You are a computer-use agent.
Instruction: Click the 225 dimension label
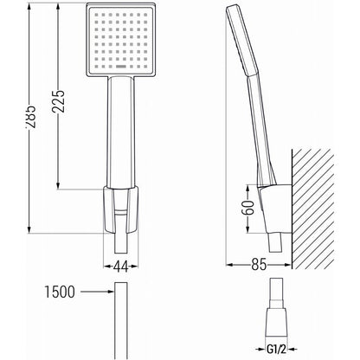[58, 101]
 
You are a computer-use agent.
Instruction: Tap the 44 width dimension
[120, 267]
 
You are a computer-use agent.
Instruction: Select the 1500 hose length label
[60, 292]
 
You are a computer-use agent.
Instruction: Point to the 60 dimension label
[248, 209]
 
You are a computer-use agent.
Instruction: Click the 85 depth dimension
[259, 265]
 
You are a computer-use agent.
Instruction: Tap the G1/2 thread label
[276, 350]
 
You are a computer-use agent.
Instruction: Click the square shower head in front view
[121, 40]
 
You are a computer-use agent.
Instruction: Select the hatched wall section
[313, 209]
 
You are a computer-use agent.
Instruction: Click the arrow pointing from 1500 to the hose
[97, 292]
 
